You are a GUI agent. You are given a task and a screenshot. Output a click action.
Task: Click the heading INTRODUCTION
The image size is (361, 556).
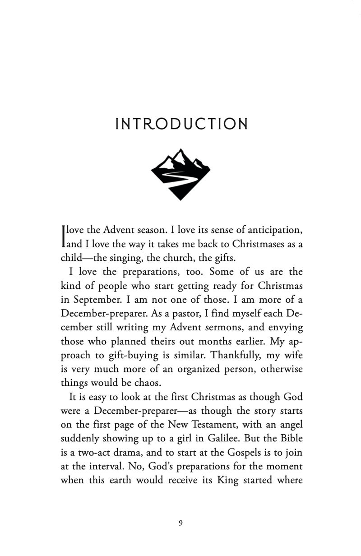point(181,124)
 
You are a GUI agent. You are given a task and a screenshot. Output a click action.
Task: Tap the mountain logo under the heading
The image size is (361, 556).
point(180,174)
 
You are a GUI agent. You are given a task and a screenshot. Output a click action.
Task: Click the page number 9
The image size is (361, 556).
point(180,523)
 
